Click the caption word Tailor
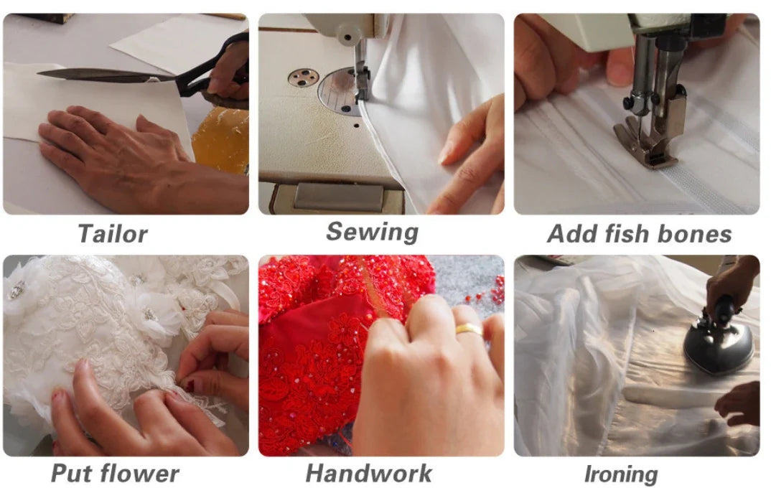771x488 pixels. [x=113, y=233]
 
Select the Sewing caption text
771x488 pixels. [x=373, y=232]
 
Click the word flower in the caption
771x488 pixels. [x=142, y=474]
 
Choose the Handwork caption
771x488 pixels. [x=368, y=474]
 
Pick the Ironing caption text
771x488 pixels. [x=621, y=475]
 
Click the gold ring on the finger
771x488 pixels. [x=469, y=329]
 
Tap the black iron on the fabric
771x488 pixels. [x=719, y=336]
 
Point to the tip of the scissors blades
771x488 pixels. [x=38, y=73]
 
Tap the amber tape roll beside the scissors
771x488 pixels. [x=221, y=139]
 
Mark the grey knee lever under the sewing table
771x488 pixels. [x=339, y=197]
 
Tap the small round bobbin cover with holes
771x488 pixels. [x=303, y=78]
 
